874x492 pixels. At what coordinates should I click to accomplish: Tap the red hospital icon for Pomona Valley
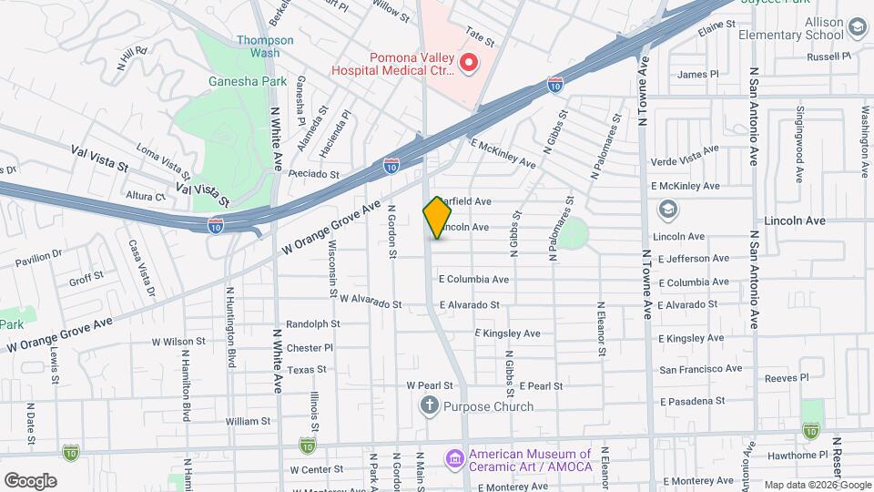469,63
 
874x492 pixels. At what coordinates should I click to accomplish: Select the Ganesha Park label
211,80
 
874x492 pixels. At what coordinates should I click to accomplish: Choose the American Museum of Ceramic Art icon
453,456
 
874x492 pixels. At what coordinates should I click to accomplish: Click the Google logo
30,480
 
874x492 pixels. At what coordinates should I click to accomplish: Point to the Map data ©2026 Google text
817,484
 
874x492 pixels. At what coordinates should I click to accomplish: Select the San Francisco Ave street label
700,369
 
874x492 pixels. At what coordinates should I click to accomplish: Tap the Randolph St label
312,323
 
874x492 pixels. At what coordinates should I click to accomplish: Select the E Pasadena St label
692,400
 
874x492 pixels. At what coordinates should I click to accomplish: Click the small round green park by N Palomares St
573,235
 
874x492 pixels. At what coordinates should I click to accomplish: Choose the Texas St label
308,369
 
